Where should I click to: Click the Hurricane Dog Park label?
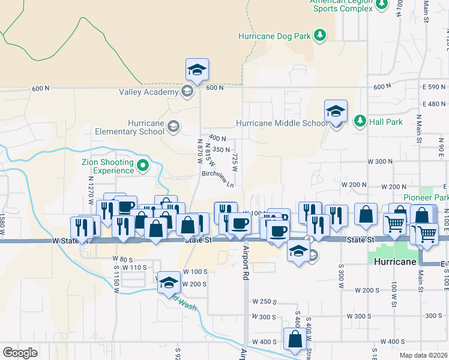click(274, 36)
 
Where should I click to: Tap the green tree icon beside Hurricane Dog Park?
click(321, 35)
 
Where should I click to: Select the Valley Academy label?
click(148, 92)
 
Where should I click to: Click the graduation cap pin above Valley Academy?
click(197, 70)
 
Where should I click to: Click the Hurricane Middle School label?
click(282, 123)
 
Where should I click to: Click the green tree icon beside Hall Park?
click(360, 121)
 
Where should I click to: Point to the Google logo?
click(20, 353)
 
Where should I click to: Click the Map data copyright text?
click(424, 355)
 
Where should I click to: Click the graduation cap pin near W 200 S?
click(169, 282)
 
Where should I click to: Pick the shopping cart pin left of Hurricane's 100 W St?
click(394, 224)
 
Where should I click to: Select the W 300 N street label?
click(379, 162)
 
